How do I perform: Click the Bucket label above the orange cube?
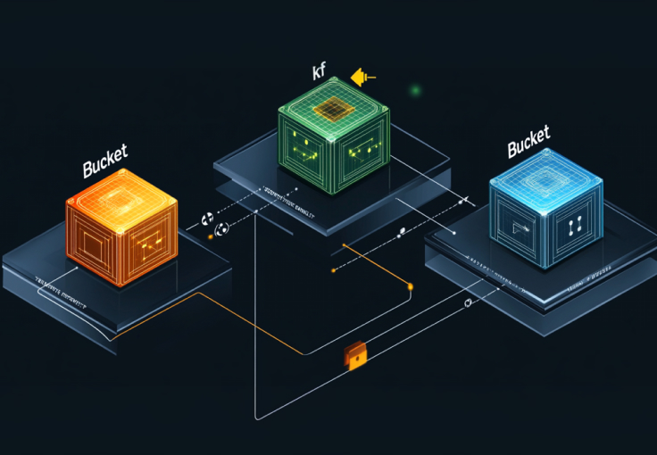pos(105,165)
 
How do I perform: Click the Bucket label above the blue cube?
pos(528,144)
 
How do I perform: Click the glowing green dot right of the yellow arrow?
pos(415,90)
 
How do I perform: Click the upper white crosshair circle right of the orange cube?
pos(209,218)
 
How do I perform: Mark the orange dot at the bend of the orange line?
pos(411,286)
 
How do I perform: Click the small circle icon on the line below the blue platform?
pos(468,303)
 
